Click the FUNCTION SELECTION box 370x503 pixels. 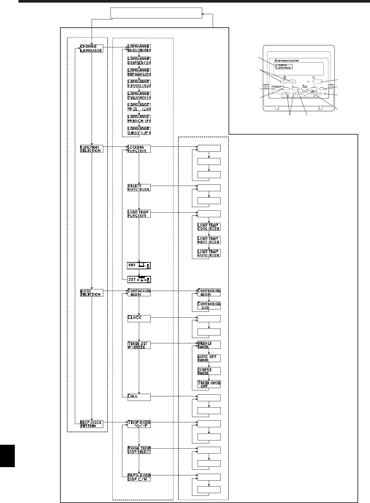91,149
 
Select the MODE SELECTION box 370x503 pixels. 91,293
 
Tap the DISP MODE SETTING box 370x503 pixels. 91,424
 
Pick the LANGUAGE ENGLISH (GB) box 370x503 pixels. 139,48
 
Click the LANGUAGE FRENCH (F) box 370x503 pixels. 139,119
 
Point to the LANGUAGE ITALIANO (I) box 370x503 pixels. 139,95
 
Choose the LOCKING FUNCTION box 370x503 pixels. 139,149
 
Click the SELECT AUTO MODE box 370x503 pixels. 139,188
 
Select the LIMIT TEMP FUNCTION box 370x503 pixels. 139,214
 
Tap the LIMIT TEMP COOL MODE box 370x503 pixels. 209,227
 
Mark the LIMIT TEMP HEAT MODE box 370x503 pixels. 209,240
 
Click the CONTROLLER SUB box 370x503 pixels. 209,305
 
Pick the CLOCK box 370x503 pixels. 139,318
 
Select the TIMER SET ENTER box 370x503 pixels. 139,345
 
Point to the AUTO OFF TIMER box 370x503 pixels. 209,358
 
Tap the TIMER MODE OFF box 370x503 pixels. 209,384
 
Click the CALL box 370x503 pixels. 139,397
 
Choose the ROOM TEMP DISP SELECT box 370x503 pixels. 139,450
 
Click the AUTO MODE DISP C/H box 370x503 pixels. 139,477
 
